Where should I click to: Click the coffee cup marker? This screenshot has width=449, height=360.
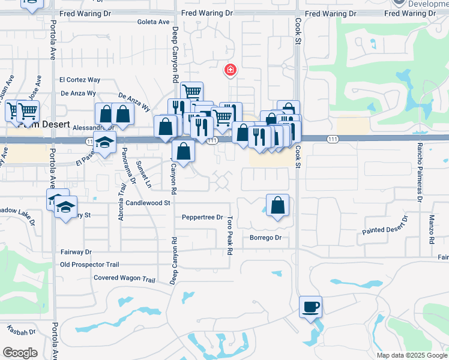[x=310, y=307]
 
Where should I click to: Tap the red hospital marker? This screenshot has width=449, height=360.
[x=229, y=71]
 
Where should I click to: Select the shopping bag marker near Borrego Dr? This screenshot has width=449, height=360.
[x=277, y=206]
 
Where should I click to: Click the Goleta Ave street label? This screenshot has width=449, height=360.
[x=154, y=22]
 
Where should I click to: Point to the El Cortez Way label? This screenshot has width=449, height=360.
[x=79, y=80]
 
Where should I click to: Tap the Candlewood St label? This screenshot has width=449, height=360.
[x=148, y=203]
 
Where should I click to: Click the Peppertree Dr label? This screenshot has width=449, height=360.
[x=202, y=217]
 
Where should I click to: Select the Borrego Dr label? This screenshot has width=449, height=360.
[x=265, y=238]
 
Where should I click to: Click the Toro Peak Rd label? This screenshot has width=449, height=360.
[x=229, y=236]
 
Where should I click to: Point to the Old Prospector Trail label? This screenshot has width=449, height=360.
[x=90, y=264]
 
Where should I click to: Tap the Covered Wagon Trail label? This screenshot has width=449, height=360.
[x=124, y=278]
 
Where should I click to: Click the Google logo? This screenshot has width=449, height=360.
[x=20, y=353]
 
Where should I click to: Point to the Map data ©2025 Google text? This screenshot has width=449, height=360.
[x=411, y=355]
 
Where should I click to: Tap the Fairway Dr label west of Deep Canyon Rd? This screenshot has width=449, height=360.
[x=76, y=252]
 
